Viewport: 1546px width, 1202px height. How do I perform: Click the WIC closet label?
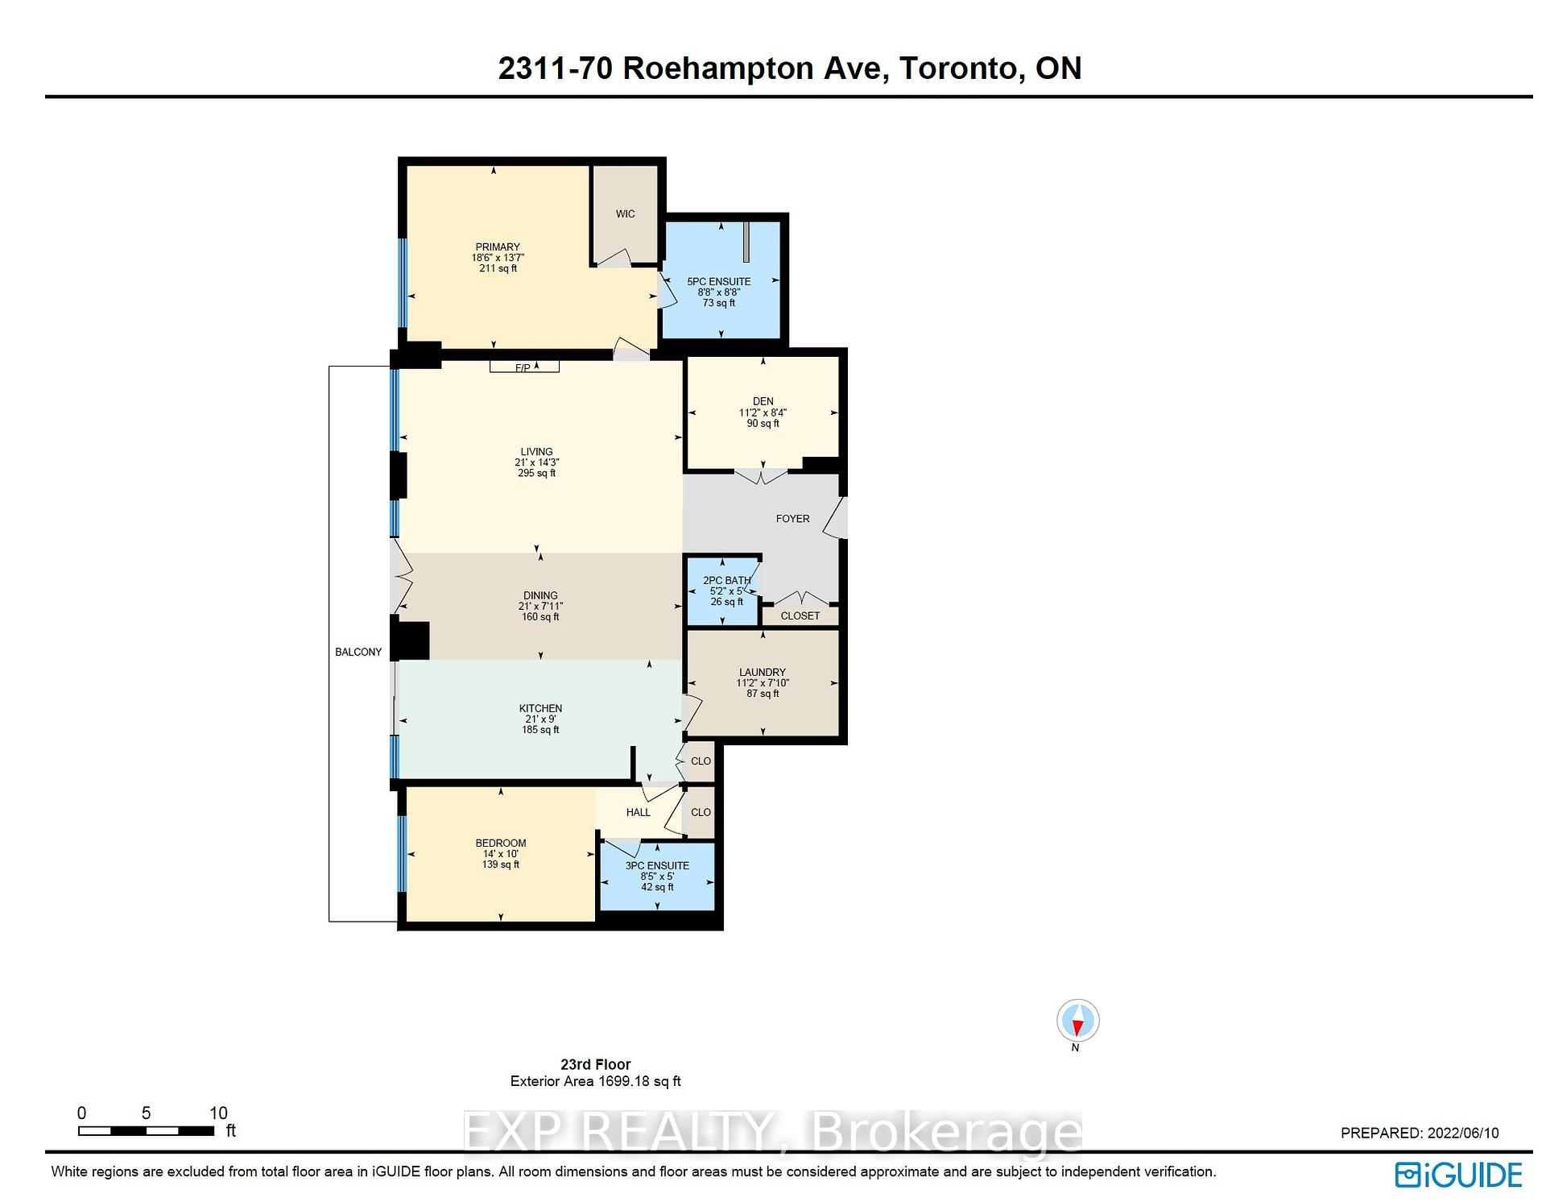(x=625, y=213)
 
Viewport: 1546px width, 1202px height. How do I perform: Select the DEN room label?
(x=763, y=401)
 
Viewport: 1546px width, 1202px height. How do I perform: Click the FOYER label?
(x=792, y=519)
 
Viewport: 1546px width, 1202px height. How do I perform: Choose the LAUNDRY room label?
(x=762, y=672)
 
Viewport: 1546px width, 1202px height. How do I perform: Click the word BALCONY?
(x=358, y=652)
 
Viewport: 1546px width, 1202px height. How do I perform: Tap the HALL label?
(x=638, y=812)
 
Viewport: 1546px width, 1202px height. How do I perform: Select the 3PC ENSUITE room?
(x=657, y=876)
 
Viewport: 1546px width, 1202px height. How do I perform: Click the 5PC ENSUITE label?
(x=718, y=282)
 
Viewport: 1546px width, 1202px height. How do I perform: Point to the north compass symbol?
(x=1077, y=1022)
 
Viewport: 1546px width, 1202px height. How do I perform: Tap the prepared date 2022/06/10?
(x=1463, y=1133)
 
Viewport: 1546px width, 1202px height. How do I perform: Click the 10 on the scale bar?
(x=218, y=1113)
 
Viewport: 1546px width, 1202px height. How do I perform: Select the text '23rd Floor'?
(x=595, y=1064)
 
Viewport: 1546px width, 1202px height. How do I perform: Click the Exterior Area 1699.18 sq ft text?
(x=595, y=1081)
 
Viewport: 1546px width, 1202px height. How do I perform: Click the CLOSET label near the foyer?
(x=800, y=616)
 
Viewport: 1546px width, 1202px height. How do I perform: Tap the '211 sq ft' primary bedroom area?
(x=498, y=268)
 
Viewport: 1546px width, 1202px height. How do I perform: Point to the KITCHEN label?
(x=540, y=708)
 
